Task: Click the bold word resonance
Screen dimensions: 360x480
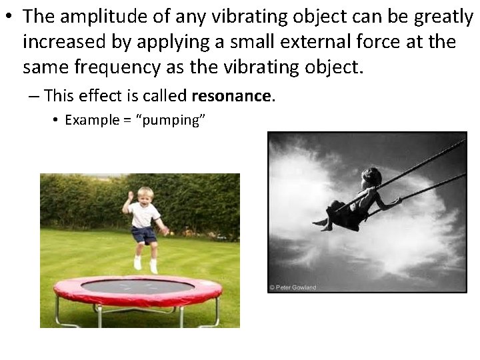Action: point(231,97)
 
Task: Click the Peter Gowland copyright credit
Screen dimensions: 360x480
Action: point(292,287)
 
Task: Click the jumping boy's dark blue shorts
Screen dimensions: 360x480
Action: point(144,234)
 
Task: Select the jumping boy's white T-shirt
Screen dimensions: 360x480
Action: point(144,215)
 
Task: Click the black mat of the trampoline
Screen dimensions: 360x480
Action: point(137,287)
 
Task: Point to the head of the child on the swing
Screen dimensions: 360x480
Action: point(371,177)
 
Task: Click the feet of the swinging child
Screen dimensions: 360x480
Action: point(323,224)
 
